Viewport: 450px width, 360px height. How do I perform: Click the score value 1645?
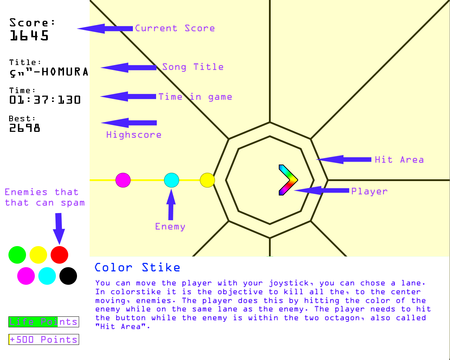click(29, 36)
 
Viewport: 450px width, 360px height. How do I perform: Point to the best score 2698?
click(25, 128)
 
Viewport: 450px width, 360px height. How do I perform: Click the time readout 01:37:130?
click(45, 100)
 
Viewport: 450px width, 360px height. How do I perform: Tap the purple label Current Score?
click(175, 28)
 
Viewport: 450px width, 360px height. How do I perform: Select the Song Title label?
click(193, 67)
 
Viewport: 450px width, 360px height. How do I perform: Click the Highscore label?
click(134, 135)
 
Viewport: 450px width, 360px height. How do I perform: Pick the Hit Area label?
click(399, 160)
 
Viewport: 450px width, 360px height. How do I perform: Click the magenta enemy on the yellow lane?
click(123, 180)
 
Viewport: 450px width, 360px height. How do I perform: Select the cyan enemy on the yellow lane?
click(172, 180)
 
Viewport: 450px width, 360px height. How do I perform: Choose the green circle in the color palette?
click(17, 255)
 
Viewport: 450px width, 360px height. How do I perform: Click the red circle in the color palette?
click(59, 255)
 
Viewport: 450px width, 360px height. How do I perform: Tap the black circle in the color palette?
click(68, 276)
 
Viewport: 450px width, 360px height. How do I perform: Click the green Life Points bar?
click(33, 322)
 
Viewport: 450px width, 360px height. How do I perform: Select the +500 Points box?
click(44, 340)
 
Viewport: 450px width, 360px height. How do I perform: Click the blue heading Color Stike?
click(137, 268)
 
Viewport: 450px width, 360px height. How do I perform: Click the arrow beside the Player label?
click(322, 191)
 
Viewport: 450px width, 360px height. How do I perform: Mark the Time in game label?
click(195, 97)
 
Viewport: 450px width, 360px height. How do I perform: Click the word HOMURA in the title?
click(65, 72)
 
